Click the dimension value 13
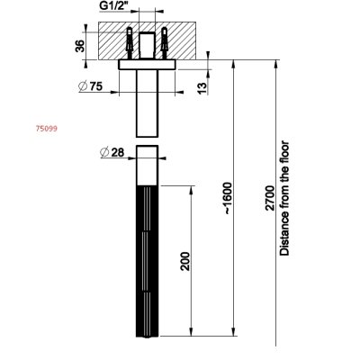(202, 87)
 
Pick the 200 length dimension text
(185, 261)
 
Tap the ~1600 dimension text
(228, 198)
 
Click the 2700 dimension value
(271, 198)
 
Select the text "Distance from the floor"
(284, 198)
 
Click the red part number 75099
(47, 129)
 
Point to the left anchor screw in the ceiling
(130, 42)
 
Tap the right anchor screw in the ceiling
(164, 42)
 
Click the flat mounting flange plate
(147, 65)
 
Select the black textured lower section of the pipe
(147, 261)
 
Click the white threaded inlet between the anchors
(147, 45)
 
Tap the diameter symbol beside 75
(83, 86)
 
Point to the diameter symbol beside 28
(104, 152)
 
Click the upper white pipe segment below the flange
(147, 103)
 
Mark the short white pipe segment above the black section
(147, 166)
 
